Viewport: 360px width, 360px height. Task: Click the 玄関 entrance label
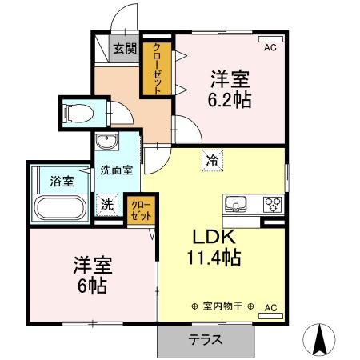point(124,49)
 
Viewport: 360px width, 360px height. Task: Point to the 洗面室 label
point(115,170)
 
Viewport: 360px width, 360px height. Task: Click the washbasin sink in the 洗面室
point(106,143)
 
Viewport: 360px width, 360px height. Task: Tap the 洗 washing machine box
point(107,204)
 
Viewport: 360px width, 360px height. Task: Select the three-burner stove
point(273,202)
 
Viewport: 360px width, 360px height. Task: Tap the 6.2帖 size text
point(230,102)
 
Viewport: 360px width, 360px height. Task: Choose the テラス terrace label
point(206,339)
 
